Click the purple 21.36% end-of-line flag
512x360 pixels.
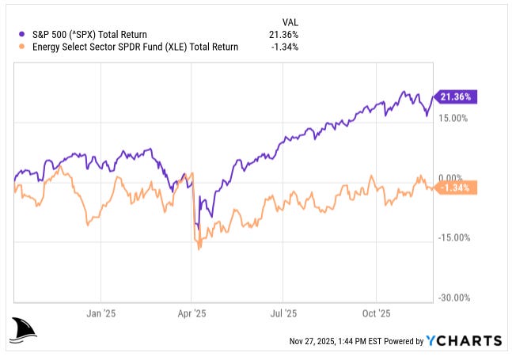pyautogui.click(x=457, y=97)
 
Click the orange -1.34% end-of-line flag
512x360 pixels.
pyautogui.click(x=457, y=188)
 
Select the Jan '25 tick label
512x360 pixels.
pyautogui.click(x=101, y=313)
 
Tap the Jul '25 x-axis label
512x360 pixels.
pyautogui.click(x=283, y=313)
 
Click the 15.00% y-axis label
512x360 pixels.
pyautogui.click(x=453, y=118)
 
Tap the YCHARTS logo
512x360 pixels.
pyautogui.click(x=464, y=341)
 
